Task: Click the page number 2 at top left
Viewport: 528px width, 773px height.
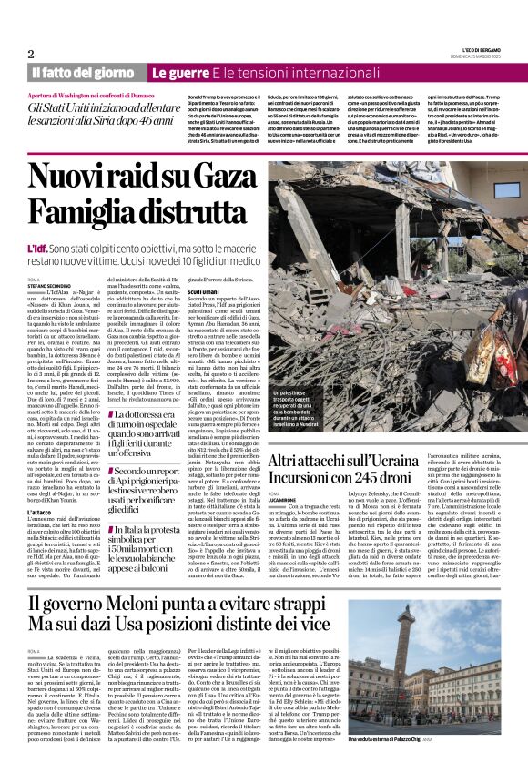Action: point(31,54)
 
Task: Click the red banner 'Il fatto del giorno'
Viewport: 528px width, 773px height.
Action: point(85,73)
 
